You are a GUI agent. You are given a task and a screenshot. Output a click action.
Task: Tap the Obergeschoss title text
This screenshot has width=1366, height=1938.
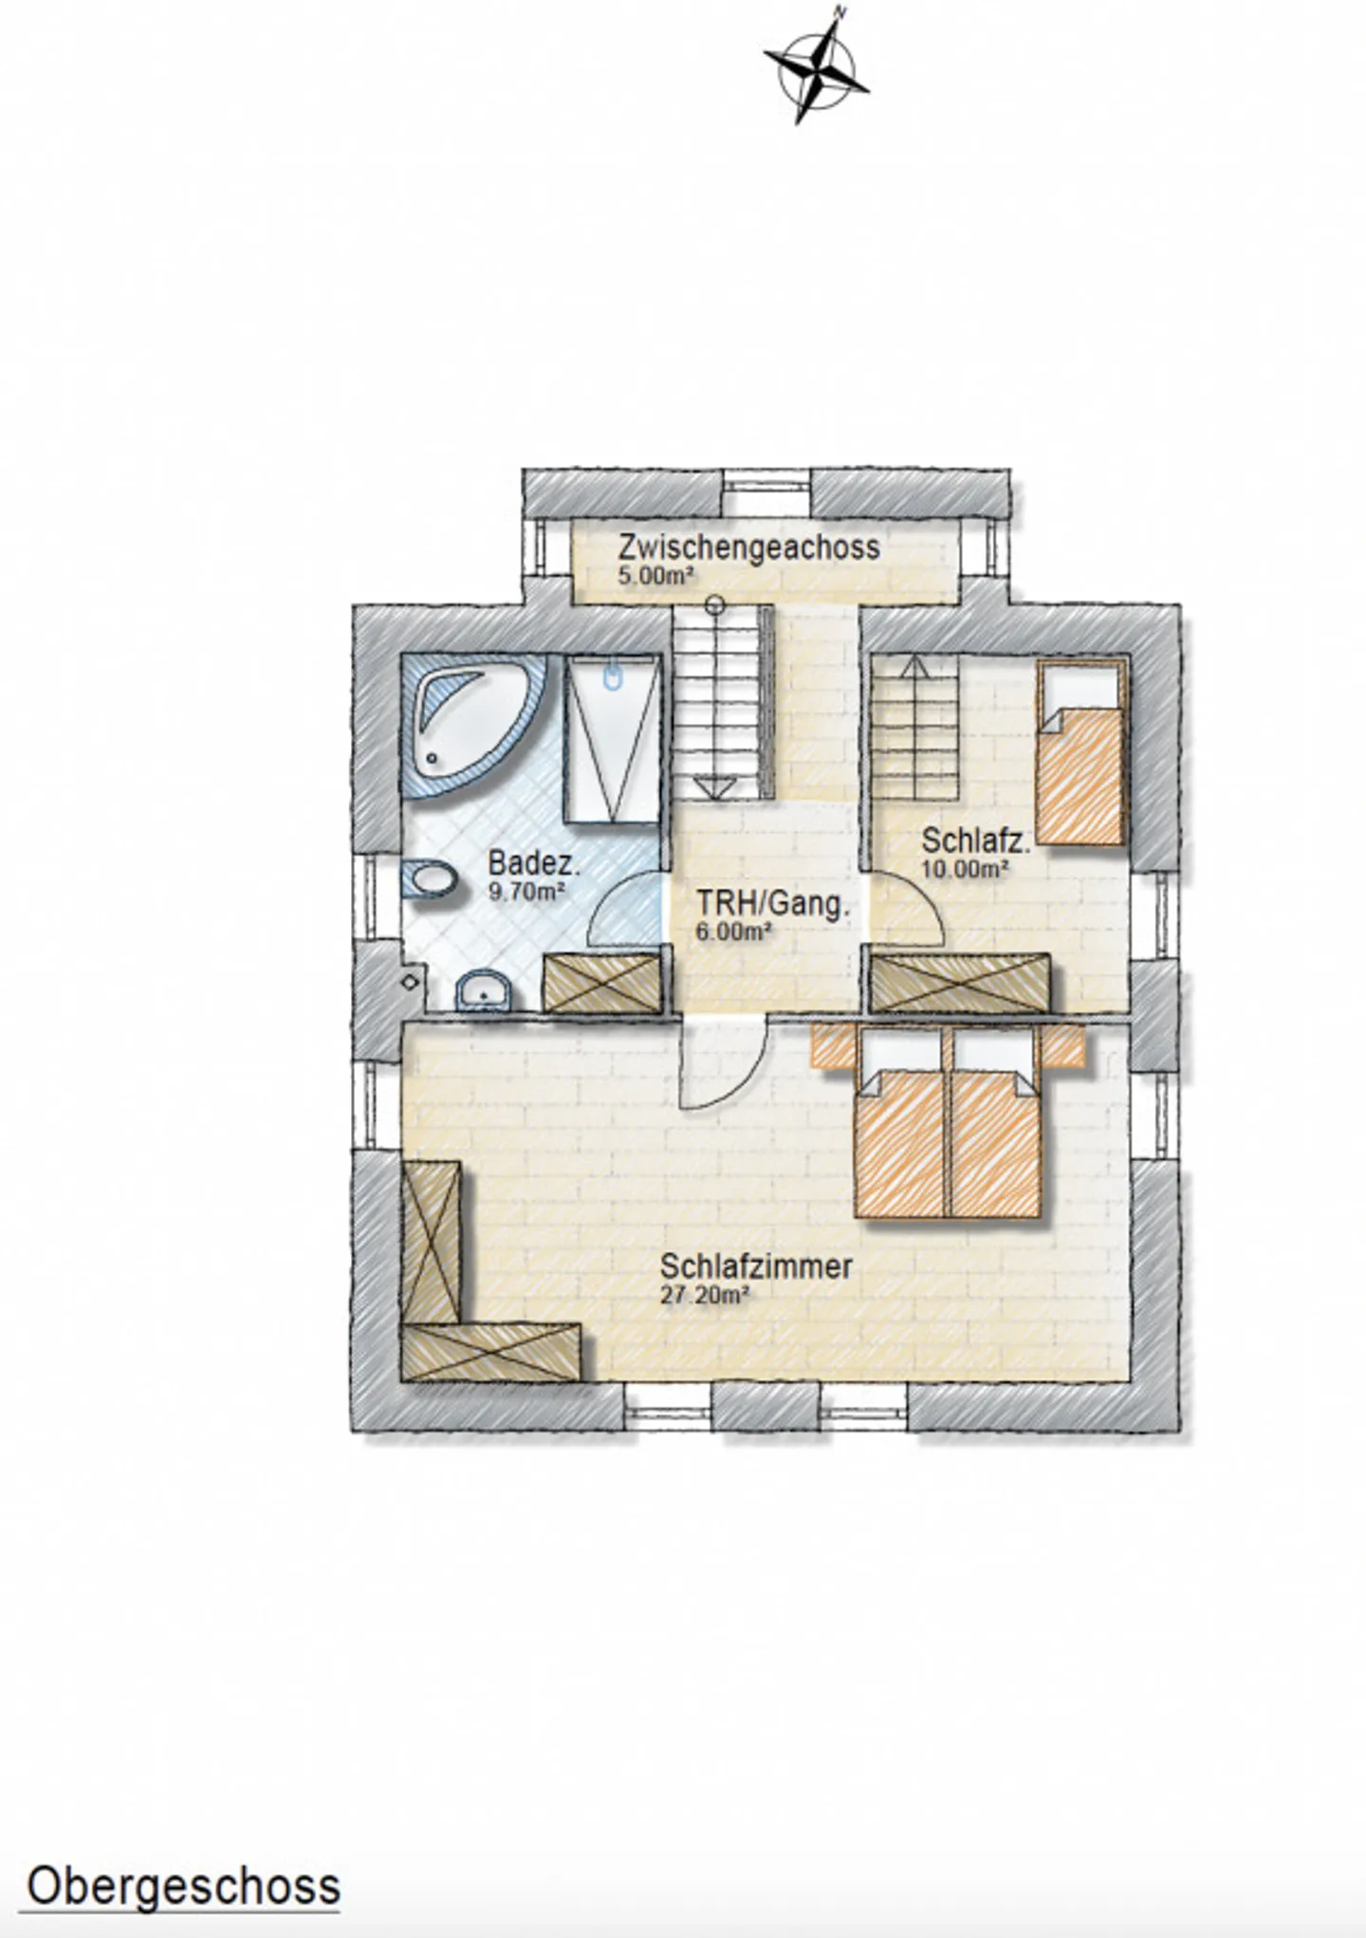tap(183, 1887)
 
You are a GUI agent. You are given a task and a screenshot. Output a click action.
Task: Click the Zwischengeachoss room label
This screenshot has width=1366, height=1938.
tap(748, 547)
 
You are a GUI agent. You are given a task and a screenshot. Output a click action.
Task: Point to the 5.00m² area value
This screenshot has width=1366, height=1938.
tap(655, 575)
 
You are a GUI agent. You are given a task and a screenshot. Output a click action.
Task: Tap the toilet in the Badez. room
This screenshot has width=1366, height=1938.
tap(429, 879)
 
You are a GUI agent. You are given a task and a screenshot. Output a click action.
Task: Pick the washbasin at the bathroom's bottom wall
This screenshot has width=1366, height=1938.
tap(484, 992)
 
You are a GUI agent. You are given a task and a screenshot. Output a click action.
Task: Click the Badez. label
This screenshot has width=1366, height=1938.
tap(533, 863)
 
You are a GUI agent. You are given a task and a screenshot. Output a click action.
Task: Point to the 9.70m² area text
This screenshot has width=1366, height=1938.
tap(526, 892)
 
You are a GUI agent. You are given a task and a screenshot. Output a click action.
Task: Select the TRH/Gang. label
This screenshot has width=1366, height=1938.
tap(772, 903)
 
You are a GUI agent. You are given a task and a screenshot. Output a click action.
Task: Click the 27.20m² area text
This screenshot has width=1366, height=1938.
tap(705, 1295)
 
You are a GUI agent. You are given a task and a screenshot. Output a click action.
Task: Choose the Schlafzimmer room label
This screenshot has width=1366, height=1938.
tap(756, 1266)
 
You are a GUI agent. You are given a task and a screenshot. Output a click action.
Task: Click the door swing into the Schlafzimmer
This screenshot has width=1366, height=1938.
tap(726, 1067)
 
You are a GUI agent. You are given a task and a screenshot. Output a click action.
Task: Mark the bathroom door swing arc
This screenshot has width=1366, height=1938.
tap(624, 911)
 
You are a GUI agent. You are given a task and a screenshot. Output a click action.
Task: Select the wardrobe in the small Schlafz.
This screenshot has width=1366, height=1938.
tap(960, 983)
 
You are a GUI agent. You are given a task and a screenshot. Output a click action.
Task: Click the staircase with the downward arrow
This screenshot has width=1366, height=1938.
tap(716, 707)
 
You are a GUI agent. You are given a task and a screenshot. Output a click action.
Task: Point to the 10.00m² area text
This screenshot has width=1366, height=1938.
tap(964, 868)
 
